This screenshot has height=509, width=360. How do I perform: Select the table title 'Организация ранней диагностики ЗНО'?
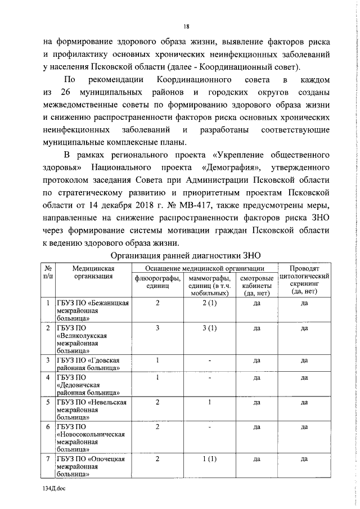coord(185,255)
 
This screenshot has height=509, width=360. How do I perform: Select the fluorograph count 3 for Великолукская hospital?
coord(158,327)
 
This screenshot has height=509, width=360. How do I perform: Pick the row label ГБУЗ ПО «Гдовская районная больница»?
coord(90,364)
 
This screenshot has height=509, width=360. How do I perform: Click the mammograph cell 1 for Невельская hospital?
coord(209,402)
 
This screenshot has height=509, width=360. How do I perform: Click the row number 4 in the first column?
coord(48,377)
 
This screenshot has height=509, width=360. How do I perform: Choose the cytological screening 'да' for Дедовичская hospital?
coord(304,377)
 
